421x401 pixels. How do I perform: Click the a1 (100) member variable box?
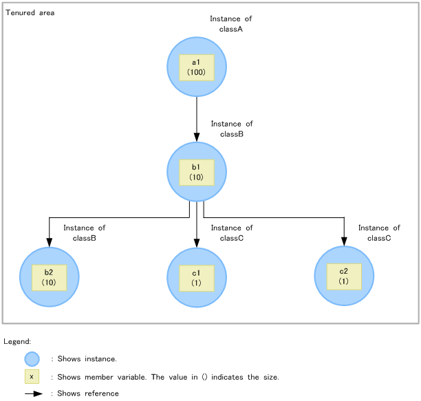coord(196,67)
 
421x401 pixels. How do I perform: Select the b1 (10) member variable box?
coord(196,172)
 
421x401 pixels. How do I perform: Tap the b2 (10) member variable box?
coord(49,277)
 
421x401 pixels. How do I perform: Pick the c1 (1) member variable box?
coord(196,278)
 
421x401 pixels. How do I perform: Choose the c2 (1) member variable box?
coord(343,277)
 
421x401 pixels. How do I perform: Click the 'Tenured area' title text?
coord(30,13)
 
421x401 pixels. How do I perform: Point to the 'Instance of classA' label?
coord(231,24)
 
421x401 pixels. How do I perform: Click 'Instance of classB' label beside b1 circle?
coord(232,129)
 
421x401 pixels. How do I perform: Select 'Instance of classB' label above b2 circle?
coord(84,233)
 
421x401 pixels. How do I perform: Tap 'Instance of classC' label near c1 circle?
coord(232,233)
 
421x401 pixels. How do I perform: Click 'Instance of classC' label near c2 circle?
coord(379,233)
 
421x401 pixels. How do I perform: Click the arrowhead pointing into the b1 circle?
coord(197,137)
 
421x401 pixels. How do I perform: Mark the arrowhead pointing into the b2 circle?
coord(49,241)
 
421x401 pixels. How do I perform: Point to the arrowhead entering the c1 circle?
coord(197,242)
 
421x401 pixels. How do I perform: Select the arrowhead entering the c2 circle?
coord(344,241)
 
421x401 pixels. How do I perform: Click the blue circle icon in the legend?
coord(32,359)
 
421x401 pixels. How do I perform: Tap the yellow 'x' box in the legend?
coord(32,376)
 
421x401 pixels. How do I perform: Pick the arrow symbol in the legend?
coord(34,394)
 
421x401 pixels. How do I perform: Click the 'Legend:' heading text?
coord(17,342)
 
